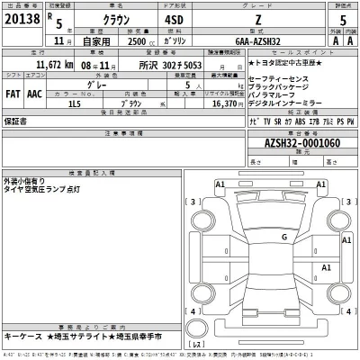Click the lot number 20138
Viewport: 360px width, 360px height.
(21, 18)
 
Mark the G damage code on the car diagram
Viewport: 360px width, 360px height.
(283, 237)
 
